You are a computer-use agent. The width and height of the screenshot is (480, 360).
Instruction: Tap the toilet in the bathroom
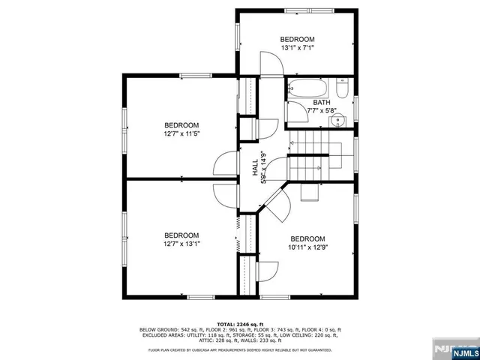point(342,91)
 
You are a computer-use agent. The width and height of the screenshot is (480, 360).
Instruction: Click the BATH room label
point(321,103)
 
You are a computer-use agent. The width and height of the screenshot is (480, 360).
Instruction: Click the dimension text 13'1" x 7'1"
point(297,47)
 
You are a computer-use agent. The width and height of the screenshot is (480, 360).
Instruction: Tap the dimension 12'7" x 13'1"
point(181,243)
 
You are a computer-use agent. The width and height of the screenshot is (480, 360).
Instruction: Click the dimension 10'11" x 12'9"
point(307,243)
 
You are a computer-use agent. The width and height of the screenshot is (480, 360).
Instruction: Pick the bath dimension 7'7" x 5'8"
point(321,111)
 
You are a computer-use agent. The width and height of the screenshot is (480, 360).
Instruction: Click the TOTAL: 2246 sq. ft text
point(239,323)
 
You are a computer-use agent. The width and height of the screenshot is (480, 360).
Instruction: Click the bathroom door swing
point(298,112)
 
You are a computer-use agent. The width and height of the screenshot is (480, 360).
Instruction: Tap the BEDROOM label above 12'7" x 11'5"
point(181,124)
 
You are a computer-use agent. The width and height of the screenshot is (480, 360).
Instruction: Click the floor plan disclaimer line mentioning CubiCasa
point(239,349)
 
